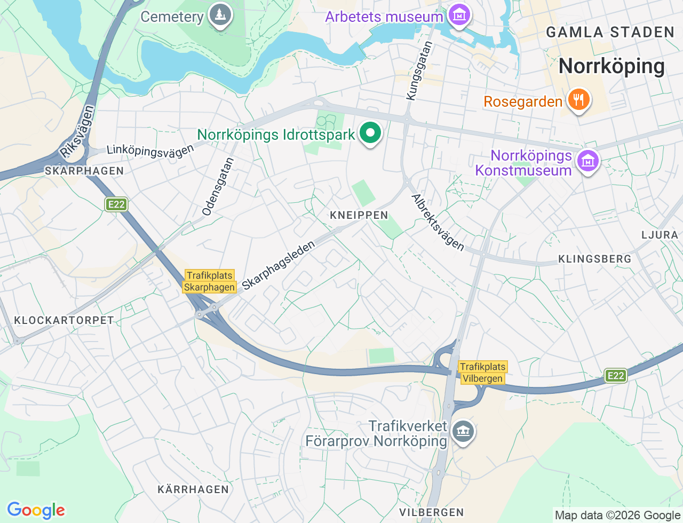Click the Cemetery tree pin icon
pyautogui.click(x=220, y=15)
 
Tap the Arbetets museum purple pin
pyautogui.click(x=459, y=15)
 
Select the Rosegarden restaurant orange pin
pyautogui.click(x=578, y=100)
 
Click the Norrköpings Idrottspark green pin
pyautogui.click(x=370, y=133)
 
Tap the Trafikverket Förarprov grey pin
pyautogui.click(x=463, y=432)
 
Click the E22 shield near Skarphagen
pyautogui.click(x=116, y=204)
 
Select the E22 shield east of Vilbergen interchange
pyautogui.click(x=615, y=376)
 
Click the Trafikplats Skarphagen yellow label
pyautogui.click(x=210, y=281)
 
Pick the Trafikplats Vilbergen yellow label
pyautogui.click(x=482, y=373)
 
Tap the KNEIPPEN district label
pyautogui.click(x=359, y=215)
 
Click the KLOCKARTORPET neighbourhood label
pyautogui.click(x=64, y=320)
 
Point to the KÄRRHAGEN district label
pyautogui.click(x=193, y=489)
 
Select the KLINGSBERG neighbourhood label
pyautogui.click(x=594, y=259)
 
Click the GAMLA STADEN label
pyautogui.click(x=610, y=32)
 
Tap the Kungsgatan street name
pyautogui.click(x=419, y=70)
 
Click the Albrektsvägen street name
pyautogui.click(x=438, y=222)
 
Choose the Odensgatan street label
pyautogui.click(x=218, y=186)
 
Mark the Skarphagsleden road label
pyautogui.click(x=279, y=265)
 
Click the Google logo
pyautogui.click(x=36, y=510)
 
